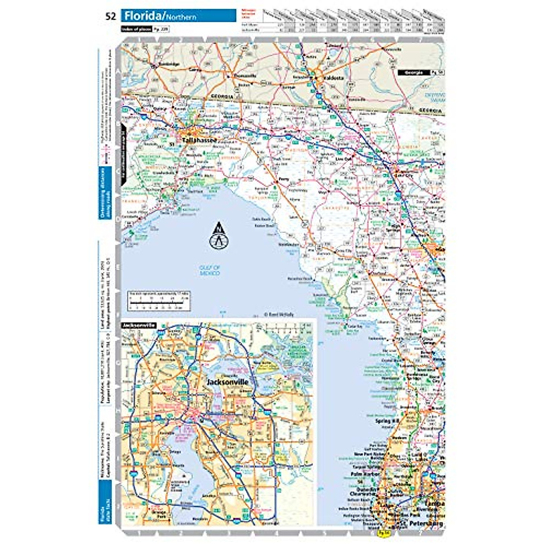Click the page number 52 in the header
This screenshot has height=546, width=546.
pyautogui.click(x=110, y=17)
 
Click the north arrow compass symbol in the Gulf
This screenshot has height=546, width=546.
pyautogui.click(x=218, y=236)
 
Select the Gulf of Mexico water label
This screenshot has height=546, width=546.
pyautogui.click(x=210, y=270)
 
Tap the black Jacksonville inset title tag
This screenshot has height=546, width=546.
pyautogui.click(x=138, y=325)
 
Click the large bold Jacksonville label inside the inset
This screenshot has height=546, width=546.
pyautogui.click(x=227, y=382)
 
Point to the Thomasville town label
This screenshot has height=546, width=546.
pyautogui.click(x=245, y=76)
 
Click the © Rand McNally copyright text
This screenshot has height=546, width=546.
pyautogui.click(x=279, y=314)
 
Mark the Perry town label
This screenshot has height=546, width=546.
pyautogui.click(x=283, y=179)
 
